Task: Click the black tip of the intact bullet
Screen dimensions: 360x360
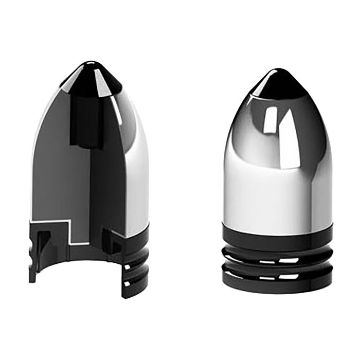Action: pyautogui.click(x=274, y=82)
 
